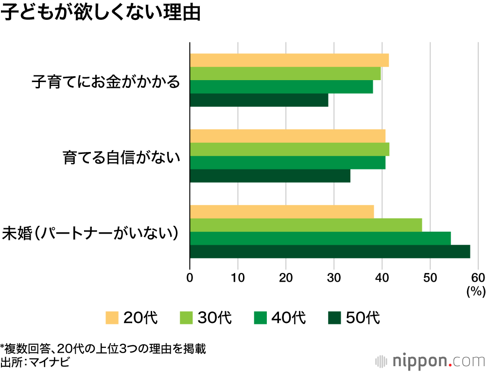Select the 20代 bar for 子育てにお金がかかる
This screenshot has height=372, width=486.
[x=289, y=60]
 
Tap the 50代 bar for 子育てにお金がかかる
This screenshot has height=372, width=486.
[x=259, y=100]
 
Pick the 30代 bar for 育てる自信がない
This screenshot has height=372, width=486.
[x=289, y=150]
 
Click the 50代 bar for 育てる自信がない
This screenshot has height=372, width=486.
[x=270, y=176]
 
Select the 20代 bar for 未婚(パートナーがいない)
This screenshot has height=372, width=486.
[x=281, y=212]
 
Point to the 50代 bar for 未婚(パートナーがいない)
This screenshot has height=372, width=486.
[x=330, y=252]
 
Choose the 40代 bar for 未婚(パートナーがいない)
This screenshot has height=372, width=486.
[x=320, y=238]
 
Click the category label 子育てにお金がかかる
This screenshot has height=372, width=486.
[x=105, y=81]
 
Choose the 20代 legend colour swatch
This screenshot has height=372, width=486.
[x=112, y=318]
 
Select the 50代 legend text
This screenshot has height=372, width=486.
[x=362, y=318]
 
